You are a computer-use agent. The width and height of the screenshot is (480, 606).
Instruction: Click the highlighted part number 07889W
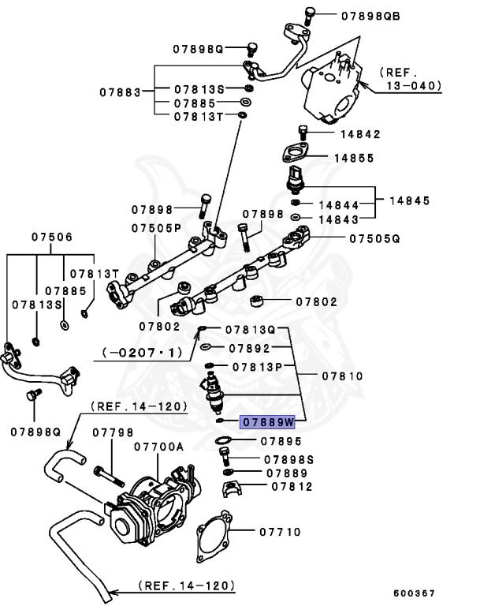(267, 421)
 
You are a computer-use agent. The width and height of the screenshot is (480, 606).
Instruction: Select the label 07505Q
(374, 237)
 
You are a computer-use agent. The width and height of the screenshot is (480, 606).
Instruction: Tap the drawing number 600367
(414, 593)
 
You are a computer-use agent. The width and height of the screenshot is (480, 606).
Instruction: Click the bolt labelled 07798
(111, 477)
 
